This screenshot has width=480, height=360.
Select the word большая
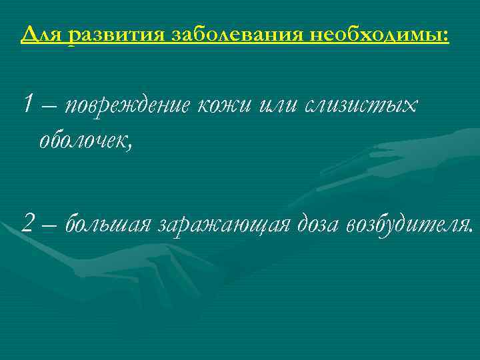click(x=109, y=225)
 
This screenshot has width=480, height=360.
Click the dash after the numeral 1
click(x=49, y=106)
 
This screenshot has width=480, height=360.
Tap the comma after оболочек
click(x=131, y=147)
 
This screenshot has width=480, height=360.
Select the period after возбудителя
click(x=473, y=231)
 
